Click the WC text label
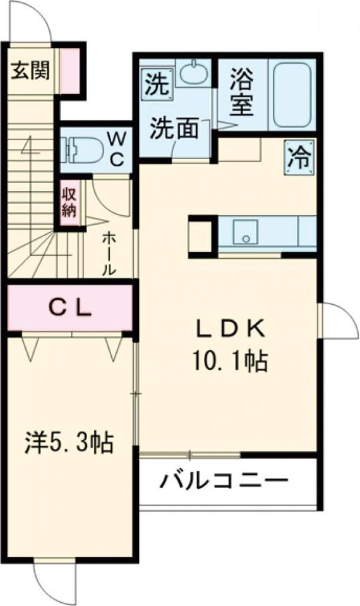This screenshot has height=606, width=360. [x=117, y=148]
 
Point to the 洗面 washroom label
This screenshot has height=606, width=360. [x=175, y=129]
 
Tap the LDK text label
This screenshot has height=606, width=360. [x=229, y=328]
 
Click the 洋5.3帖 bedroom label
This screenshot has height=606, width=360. [x=70, y=442]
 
